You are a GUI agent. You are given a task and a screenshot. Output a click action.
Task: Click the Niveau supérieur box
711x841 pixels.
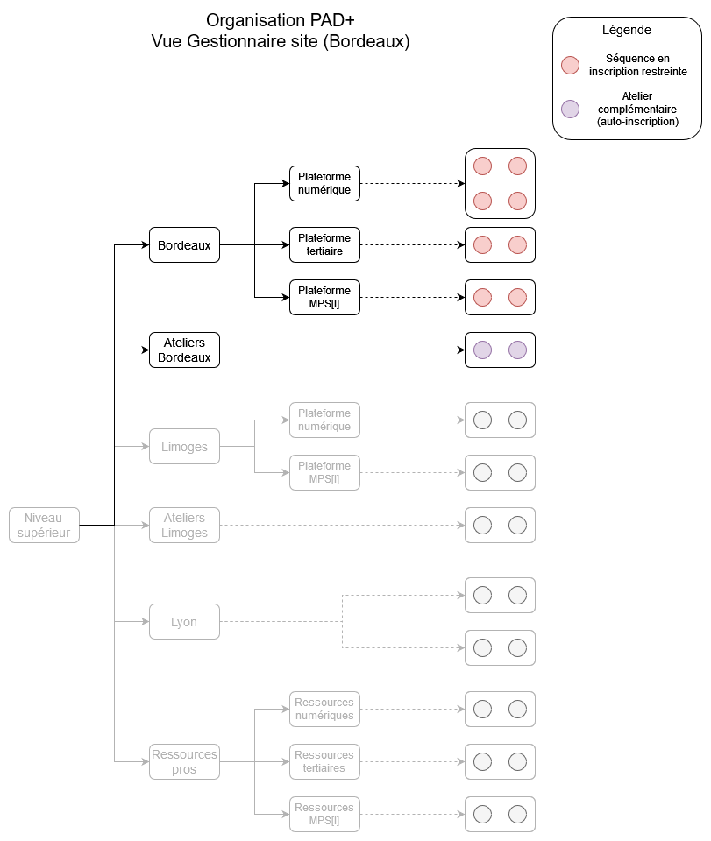[45, 526]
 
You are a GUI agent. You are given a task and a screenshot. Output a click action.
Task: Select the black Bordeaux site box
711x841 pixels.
[184, 245]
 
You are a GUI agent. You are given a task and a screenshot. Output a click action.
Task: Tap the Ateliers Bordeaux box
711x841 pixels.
[184, 350]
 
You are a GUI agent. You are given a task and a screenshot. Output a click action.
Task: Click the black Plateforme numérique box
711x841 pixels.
[324, 184]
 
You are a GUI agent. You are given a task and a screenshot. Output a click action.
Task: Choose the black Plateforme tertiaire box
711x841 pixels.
[324, 245]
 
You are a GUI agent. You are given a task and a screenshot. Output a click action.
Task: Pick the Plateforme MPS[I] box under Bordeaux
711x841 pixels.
[324, 298]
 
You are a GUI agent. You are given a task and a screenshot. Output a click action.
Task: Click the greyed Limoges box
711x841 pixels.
[184, 447]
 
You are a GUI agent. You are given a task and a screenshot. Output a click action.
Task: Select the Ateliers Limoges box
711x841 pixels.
[184, 526]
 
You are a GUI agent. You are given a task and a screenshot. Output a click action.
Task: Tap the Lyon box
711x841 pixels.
[184, 622]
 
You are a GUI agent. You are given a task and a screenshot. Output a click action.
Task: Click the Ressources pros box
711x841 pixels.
[184, 762]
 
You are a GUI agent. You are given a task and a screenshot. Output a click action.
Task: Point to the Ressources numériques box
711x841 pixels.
[324, 710]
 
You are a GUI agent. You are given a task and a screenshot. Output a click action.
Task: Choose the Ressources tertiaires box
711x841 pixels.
[324, 762]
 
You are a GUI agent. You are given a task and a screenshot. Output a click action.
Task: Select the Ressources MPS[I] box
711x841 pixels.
[324, 815]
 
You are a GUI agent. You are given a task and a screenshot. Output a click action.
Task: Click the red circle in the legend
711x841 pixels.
[571, 65]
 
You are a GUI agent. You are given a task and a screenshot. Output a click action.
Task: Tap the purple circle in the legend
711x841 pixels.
[571, 110]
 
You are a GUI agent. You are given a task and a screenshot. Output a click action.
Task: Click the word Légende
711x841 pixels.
[626, 30]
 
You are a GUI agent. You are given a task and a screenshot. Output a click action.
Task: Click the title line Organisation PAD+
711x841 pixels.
[280, 20]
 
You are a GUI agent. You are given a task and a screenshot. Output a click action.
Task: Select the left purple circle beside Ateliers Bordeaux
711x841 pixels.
[482, 350]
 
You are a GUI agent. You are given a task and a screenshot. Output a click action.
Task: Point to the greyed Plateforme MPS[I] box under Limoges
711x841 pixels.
[324, 473]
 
